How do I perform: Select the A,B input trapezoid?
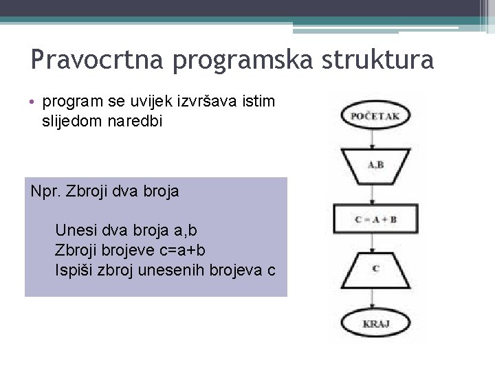pos(375,164)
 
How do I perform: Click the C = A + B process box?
pos(375,218)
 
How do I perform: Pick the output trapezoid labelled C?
pos(375,269)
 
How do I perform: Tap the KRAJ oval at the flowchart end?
pos(375,322)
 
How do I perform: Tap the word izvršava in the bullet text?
pos(199,102)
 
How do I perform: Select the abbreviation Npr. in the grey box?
pos(46,191)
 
